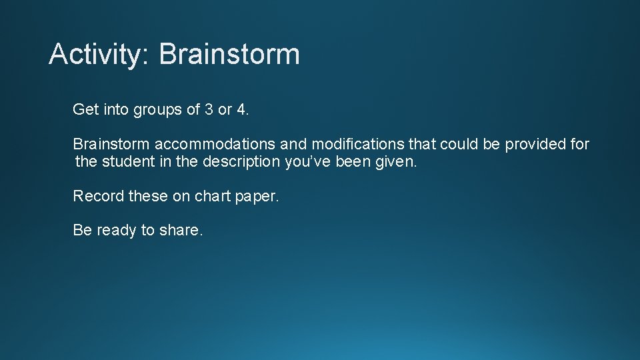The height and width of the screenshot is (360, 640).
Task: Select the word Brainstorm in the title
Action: click(x=229, y=54)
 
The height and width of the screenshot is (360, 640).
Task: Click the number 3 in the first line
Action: click(x=209, y=109)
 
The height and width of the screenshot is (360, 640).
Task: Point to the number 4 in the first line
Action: click(x=241, y=109)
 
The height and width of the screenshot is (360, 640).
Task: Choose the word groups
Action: click(x=158, y=110)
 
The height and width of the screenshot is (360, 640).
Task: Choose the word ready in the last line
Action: click(x=116, y=231)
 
